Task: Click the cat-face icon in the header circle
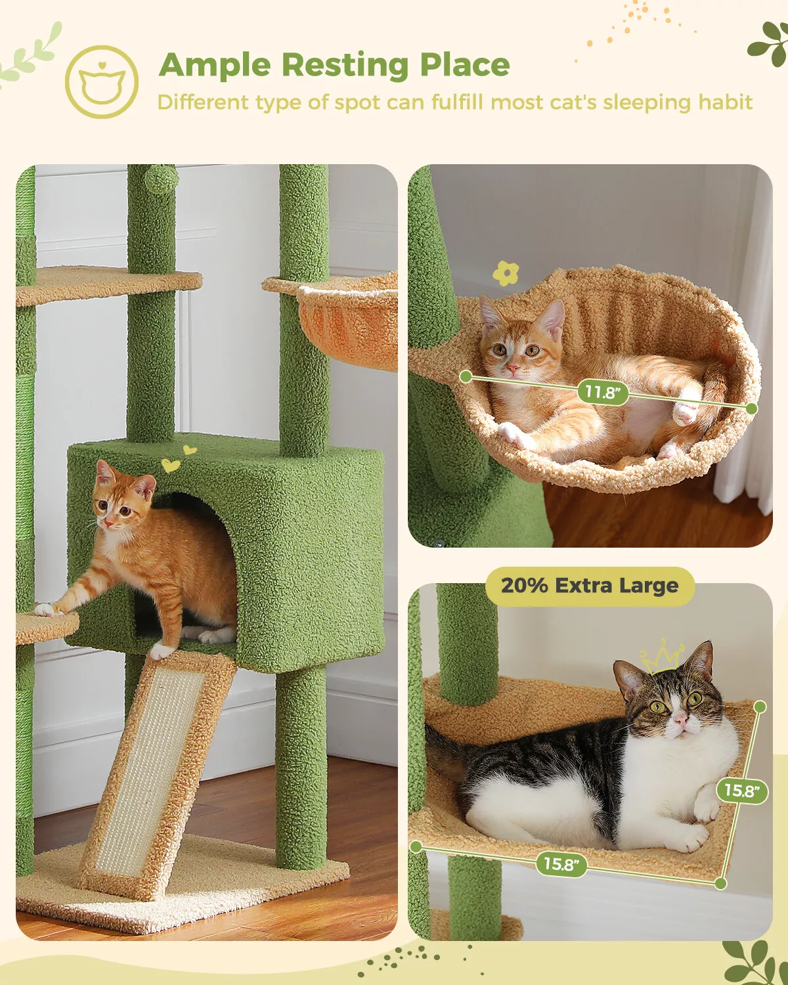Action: (102, 83)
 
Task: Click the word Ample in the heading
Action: (215, 65)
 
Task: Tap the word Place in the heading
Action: (464, 65)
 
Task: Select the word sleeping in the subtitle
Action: (647, 102)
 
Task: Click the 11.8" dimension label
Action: (602, 392)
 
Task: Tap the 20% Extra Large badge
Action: (589, 585)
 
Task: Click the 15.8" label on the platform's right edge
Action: (741, 790)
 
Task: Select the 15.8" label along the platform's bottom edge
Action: (561, 864)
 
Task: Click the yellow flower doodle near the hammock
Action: (506, 273)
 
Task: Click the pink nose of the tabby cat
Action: (681, 720)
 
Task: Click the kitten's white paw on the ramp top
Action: (161, 651)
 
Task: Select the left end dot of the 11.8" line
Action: (466, 376)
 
